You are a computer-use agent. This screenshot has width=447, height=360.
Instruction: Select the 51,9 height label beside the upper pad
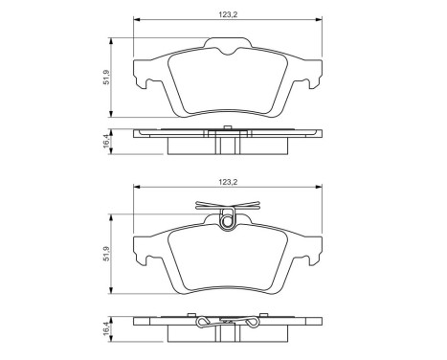(x=107, y=77)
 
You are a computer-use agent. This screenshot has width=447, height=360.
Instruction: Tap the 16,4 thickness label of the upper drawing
(x=107, y=142)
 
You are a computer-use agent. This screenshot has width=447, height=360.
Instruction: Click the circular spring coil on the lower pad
(x=227, y=222)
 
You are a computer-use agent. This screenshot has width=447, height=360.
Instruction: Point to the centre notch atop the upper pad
(x=227, y=48)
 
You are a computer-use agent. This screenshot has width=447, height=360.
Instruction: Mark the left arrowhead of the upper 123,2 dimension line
(x=136, y=20)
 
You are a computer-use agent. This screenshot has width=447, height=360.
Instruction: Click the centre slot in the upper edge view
(x=227, y=144)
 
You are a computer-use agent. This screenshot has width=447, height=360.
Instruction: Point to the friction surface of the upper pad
(x=227, y=86)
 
